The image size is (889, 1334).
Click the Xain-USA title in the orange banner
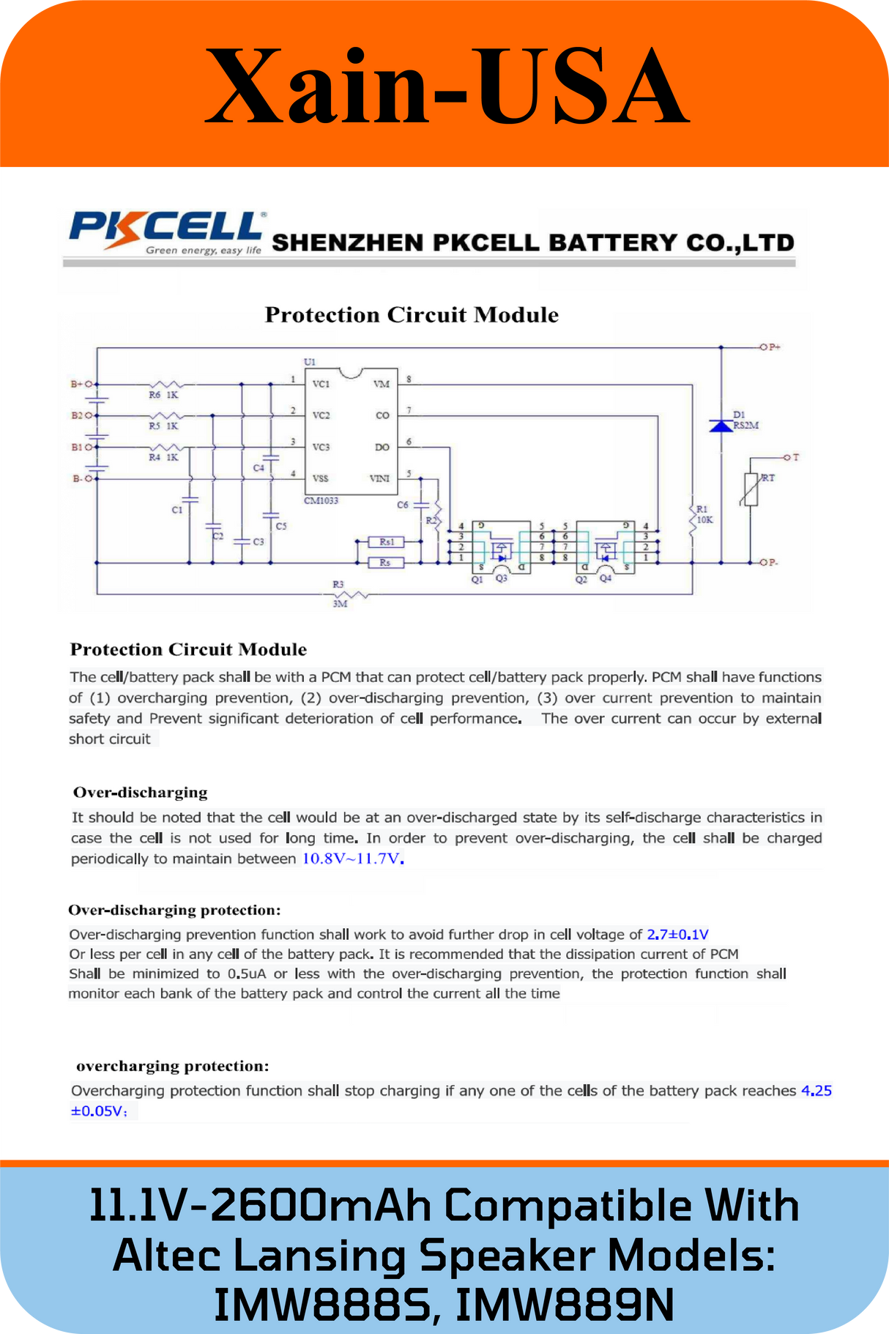[446, 86]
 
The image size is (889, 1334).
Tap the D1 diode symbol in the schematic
[721, 425]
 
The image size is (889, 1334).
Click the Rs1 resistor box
[387, 542]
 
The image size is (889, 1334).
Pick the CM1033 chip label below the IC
[321, 500]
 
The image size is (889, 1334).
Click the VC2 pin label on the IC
[321, 415]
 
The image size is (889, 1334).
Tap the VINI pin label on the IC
[379, 479]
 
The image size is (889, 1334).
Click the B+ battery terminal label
[76, 384]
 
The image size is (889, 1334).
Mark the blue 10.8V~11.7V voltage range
[353, 859]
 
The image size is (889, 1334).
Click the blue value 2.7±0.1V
[678, 934]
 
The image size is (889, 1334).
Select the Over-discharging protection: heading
[174, 910]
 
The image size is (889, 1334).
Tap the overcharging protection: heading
[173, 1066]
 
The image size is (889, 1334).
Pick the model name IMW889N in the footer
[564, 1305]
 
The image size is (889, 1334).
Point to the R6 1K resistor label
[163, 395]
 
